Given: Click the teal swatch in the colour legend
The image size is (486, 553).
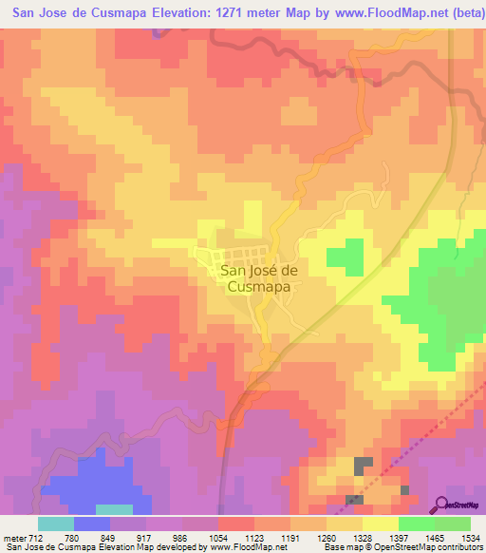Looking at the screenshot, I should coord(55,523).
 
